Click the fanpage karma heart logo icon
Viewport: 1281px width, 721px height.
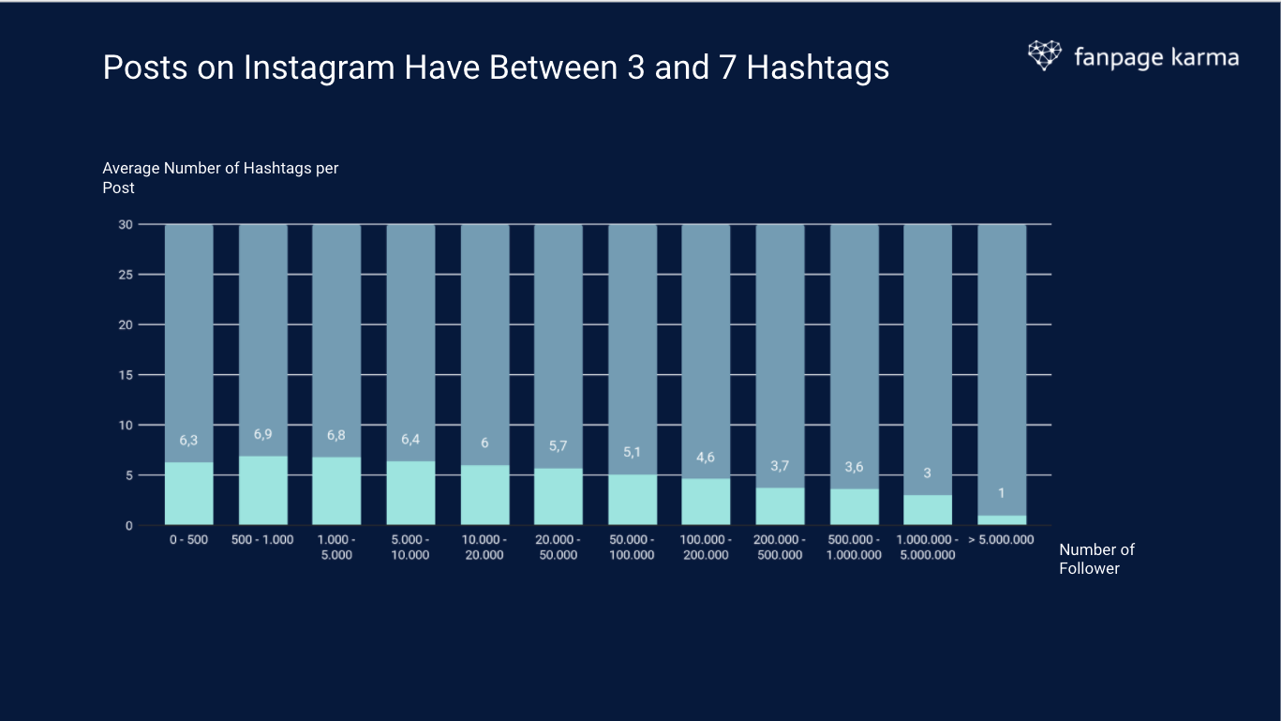pyautogui.click(x=1044, y=55)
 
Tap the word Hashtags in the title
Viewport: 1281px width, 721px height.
pyautogui.click(x=817, y=68)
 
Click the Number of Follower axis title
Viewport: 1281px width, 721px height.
pyautogui.click(x=1096, y=559)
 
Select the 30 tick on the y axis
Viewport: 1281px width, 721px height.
pyautogui.click(x=125, y=225)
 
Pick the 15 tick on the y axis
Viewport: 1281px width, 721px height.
pyautogui.click(x=125, y=375)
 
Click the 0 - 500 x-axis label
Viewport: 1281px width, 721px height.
pyautogui.click(x=188, y=540)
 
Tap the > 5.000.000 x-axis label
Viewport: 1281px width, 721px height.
pyautogui.click(x=1001, y=540)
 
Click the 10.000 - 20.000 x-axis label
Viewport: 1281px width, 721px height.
pyautogui.click(x=484, y=548)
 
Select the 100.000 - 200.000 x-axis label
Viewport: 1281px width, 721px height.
pyautogui.click(x=706, y=548)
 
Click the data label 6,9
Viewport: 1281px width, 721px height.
pyautogui.click(x=262, y=434)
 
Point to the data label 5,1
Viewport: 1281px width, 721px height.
pyautogui.click(x=632, y=452)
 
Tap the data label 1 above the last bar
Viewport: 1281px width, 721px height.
pyautogui.click(x=1001, y=493)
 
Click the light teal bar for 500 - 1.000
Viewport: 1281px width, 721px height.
pyautogui.click(x=262, y=490)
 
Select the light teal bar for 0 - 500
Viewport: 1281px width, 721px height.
pyautogui.click(x=188, y=493)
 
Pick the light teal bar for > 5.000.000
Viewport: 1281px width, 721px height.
pyautogui.click(x=1001, y=519)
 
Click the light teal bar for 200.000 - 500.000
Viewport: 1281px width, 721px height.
pyautogui.click(x=780, y=506)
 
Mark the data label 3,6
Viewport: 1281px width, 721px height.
pyautogui.click(x=854, y=467)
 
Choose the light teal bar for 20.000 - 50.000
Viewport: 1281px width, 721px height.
pyautogui.click(x=559, y=497)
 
